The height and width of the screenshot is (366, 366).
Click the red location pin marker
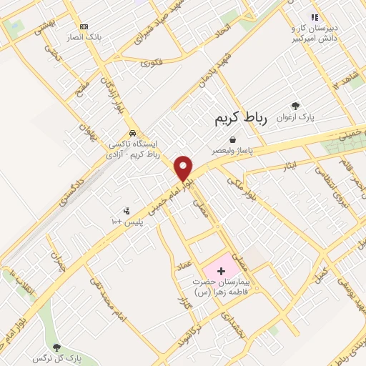[x=184, y=168]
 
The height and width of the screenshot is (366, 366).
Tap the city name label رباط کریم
[x=240, y=119]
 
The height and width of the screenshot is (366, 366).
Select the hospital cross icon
[x=221, y=271]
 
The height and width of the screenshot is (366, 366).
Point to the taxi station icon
[x=133, y=133]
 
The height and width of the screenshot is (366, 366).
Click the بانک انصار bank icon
[x=85, y=26]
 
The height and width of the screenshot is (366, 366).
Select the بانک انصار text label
[x=90, y=36]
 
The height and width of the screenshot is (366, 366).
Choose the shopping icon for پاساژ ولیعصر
[x=232, y=140]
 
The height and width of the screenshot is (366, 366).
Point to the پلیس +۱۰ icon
[x=127, y=211]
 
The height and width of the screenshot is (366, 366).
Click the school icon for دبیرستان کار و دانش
[x=313, y=16]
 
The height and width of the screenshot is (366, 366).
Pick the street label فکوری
[x=152, y=63]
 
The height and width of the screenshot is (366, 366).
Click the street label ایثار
[x=290, y=166]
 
